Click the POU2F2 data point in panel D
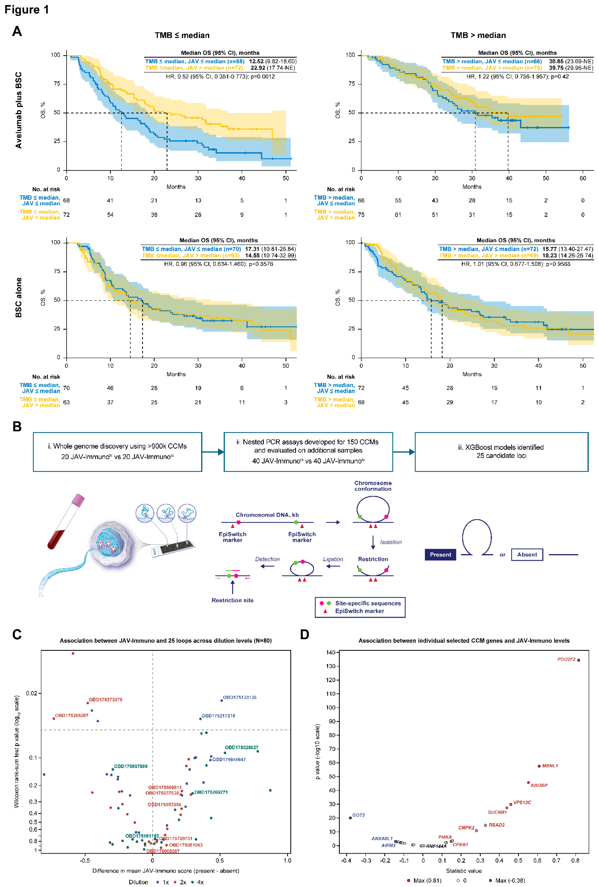[578, 660]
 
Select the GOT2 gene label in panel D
[358, 815]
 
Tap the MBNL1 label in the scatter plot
[550, 766]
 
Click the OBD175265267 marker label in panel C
[71, 715]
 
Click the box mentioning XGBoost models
[501, 452]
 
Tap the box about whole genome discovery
[117, 452]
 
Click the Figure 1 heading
[27, 9]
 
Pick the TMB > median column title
[478, 35]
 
